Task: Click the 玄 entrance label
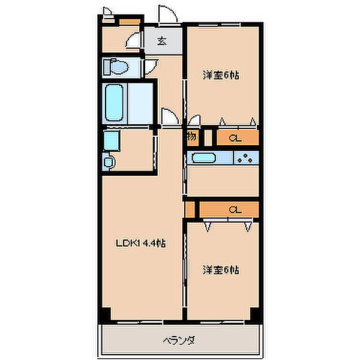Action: point(162,41)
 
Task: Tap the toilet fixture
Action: point(116,67)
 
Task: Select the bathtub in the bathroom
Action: point(114,103)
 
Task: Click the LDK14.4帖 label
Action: point(140,243)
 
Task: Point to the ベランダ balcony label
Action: point(179,340)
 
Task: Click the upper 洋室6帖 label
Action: point(221,75)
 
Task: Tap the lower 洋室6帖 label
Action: point(221,270)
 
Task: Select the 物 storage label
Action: point(192,137)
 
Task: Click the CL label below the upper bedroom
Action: point(235,138)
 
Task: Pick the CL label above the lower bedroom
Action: point(235,209)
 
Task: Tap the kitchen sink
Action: point(203,158)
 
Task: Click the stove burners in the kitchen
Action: point(245,158)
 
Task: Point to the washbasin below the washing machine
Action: point(109,162)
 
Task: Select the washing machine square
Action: point(112,140)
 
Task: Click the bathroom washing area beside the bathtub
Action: point(140,103)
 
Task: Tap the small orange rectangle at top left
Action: point(130,22)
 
